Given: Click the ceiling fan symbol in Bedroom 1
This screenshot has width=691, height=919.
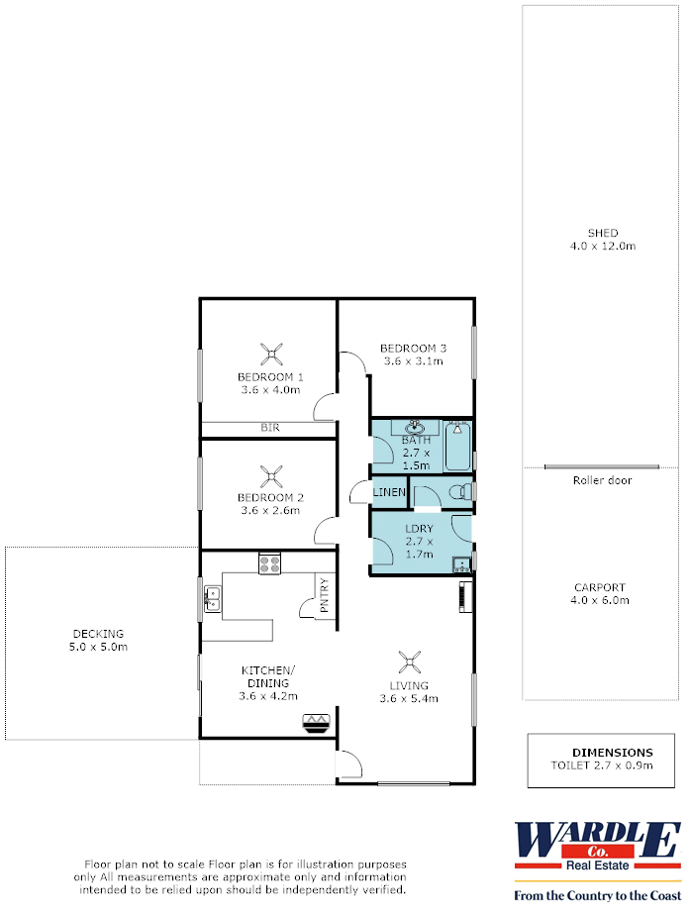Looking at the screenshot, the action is click(271, 355).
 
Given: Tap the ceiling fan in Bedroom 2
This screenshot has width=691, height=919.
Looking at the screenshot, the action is click(271, 476).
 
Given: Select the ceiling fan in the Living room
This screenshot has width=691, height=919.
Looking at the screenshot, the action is click(409, 663).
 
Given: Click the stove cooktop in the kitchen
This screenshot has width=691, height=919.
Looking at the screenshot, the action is click(269, 564).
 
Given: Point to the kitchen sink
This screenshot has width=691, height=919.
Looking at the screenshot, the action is click(212, 599).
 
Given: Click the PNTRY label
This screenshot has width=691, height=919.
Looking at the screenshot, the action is click(324, 595).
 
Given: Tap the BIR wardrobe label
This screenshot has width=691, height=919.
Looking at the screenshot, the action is click(270, 428).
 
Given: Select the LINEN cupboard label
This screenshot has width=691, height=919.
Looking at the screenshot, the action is click(389, 492).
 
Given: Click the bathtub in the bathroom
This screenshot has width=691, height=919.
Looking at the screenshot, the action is click(457, 446).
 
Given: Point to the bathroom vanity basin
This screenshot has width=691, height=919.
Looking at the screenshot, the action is click(415, 425).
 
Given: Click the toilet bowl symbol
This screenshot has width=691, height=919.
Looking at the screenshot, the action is click(460, 491).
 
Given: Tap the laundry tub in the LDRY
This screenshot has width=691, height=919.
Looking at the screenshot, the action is click(461, 564).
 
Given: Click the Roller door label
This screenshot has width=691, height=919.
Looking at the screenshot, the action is click(603, 480).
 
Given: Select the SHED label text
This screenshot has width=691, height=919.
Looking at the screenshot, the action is click(603, 234).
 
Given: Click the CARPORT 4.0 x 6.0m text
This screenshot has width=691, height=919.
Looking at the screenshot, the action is click(600, 594).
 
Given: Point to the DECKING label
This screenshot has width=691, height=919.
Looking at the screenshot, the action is click(98, 634).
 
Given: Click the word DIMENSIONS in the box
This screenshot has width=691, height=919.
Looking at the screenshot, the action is click(613, 753).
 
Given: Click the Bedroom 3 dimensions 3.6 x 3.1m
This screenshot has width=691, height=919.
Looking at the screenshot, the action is click(414, 361).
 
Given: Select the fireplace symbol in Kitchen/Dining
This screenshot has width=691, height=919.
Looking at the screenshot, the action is click(317, 723).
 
